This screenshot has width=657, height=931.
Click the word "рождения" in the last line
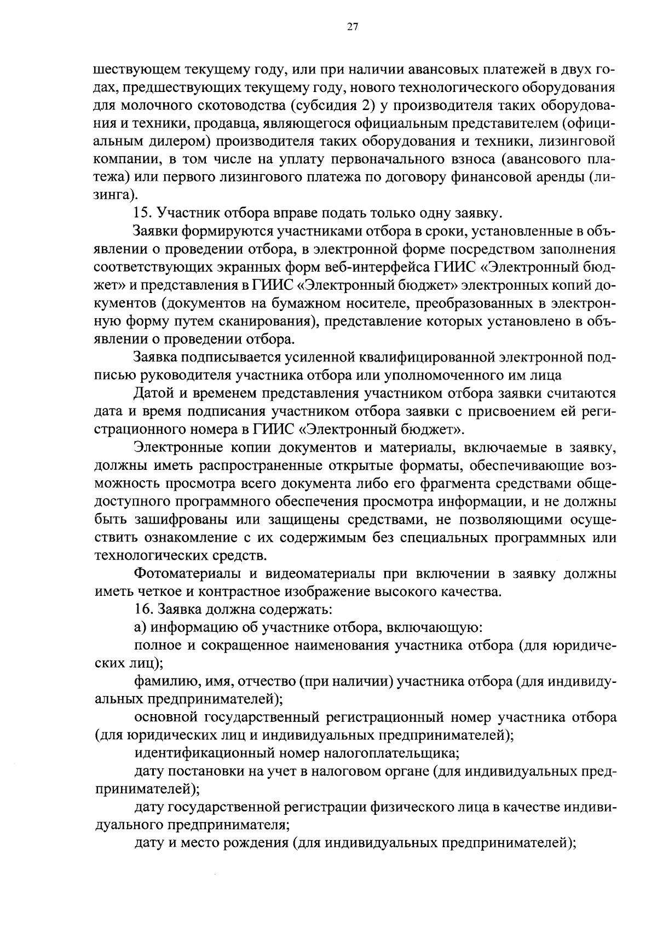tap(257, 843)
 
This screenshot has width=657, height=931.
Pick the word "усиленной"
tap(316, 358)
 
